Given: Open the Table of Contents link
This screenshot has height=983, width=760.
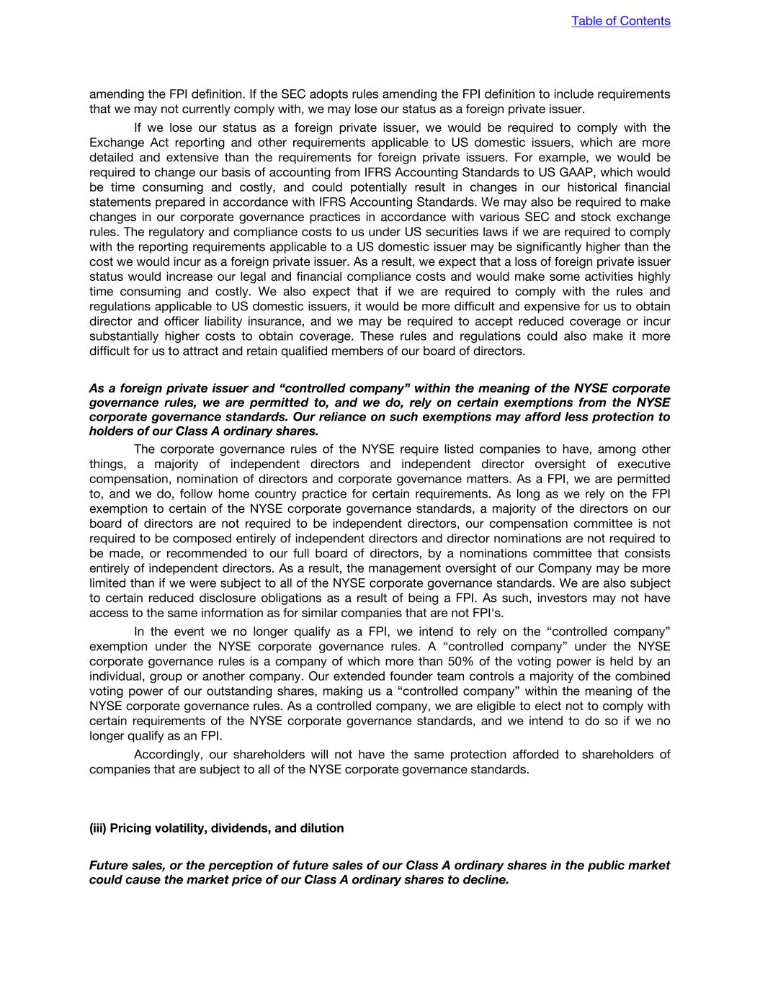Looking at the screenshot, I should click(620, 21).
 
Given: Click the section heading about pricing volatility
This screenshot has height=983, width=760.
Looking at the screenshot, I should click(216, 828).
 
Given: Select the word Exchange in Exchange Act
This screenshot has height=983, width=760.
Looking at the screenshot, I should click(112, 143).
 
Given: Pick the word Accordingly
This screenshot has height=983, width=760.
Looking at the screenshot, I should click(169, 754).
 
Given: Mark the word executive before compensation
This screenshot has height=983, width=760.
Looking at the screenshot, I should click(641, 464).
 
